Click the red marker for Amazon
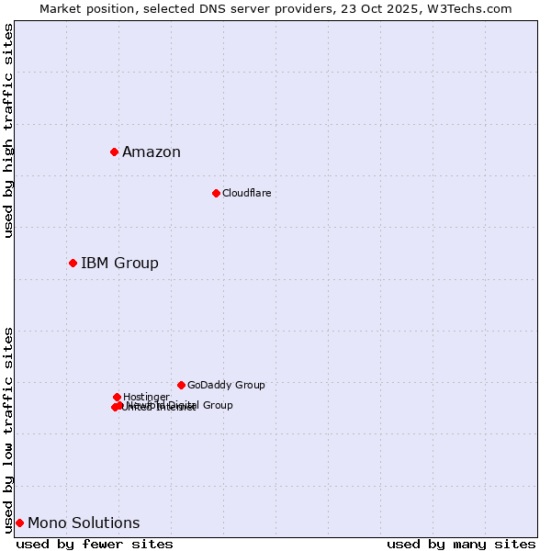point(114,152)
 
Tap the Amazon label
point(152,152)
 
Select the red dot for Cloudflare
point(216,193)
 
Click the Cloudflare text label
point(246,193)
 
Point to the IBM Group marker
point(73,264)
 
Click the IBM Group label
point(119,264)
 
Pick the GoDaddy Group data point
point(181,385)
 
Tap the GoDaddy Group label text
point(226,385)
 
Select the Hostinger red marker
point(117,397)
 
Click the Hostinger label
point(146,397)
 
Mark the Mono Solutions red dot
point(19,523)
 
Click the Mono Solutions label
point(84,523)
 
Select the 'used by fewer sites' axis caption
point(95,545)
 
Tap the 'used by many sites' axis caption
point(461,545)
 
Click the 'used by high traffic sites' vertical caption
point(9,130)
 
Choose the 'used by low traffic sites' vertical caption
point(9,429)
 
